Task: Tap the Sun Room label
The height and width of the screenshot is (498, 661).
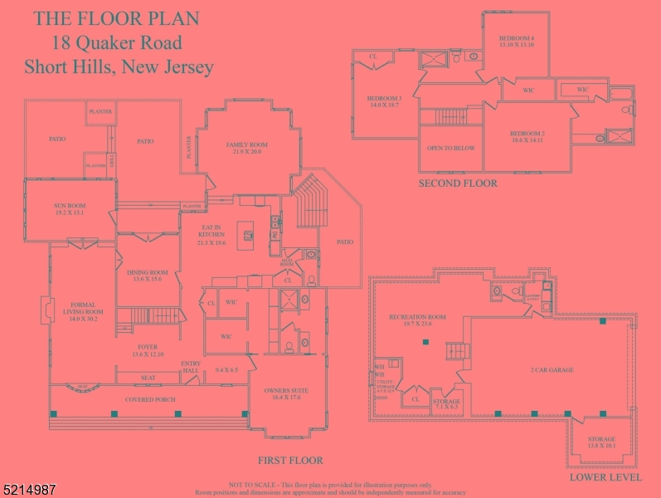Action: point(70,209)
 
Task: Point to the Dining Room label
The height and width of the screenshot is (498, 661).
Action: point(148,276)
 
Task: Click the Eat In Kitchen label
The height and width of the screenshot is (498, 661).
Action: point(211,235)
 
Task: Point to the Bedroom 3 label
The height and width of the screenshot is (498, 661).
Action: point(384,101)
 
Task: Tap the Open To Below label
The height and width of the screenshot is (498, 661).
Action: point(450,148)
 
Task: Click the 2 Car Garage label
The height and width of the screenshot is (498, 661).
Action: point(552,370)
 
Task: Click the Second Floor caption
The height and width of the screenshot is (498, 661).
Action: point(458,183)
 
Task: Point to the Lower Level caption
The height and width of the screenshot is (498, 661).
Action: point(605,477)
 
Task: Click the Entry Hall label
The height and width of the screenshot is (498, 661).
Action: point(191,366)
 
